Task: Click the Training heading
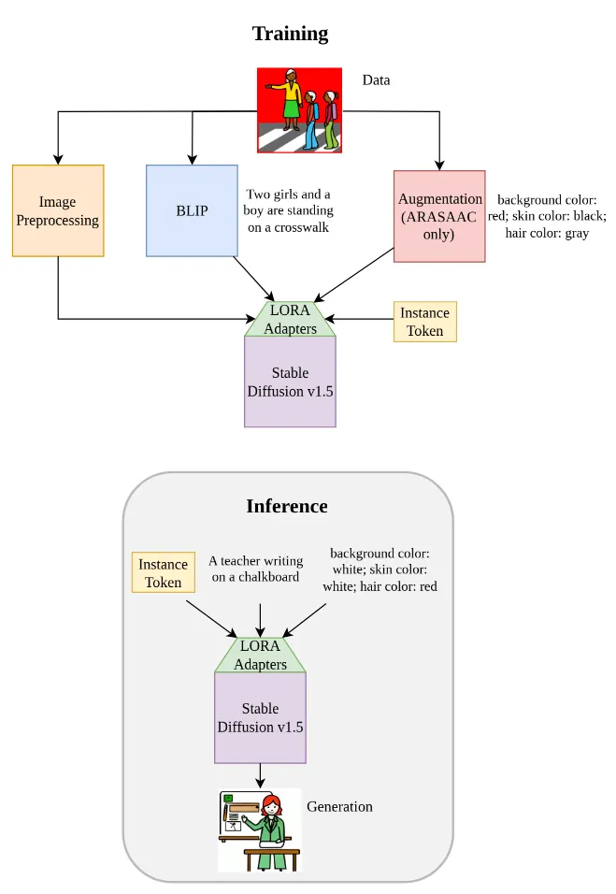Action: (290, 35)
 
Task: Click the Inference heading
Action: (287, 506)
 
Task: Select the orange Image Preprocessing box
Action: (58, 210)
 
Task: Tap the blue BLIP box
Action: (192, 210)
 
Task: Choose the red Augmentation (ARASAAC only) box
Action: (439, 216)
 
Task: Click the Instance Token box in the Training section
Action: (424, 321)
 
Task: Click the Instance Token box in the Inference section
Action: (163, 572)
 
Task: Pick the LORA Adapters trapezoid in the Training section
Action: (290, 319)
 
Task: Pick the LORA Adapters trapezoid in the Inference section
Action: (260, 655)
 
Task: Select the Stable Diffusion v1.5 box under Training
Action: (290, 382)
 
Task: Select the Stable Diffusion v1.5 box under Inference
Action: (260, 717)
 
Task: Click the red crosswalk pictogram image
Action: (299, 109)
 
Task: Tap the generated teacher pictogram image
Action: (260, 829)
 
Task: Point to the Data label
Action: (376, 80)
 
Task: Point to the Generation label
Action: (339, 806)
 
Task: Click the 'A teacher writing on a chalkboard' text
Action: (255, 569)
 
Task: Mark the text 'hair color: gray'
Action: (547, 233)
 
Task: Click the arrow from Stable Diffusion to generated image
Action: (260, 775)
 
